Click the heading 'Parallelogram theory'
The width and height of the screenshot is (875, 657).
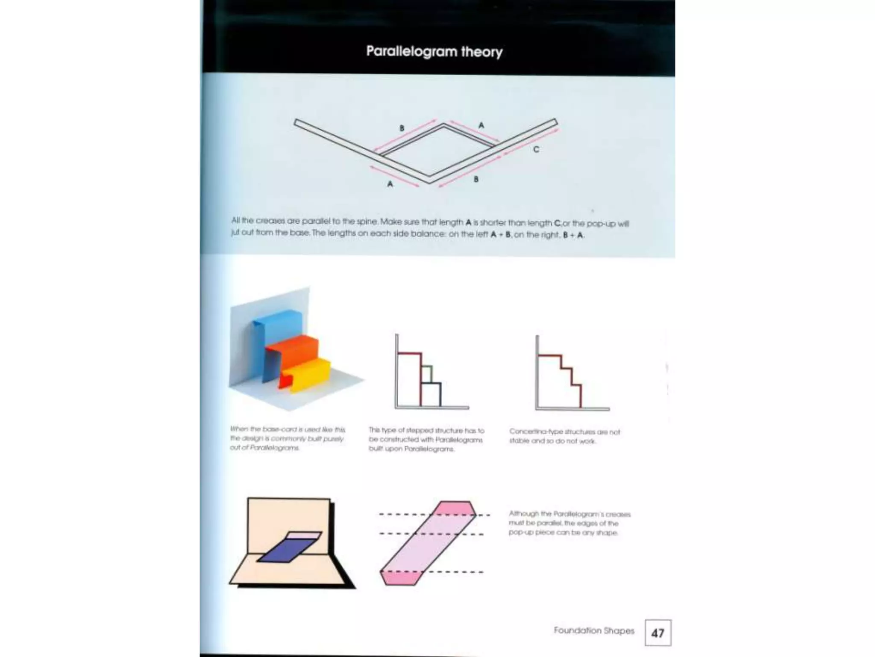[x=434, y=52]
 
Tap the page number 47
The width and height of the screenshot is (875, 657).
[x=658, y=633]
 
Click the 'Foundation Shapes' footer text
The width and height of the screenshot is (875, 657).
[x=594, y=630]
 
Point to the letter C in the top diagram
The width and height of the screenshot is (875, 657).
[x=536, y=149]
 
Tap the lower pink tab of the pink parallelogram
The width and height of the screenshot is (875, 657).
[x=399, y=578]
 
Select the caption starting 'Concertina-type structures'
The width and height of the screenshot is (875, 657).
[x=564, y=436]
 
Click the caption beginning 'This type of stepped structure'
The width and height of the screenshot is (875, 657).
[x=426, y=440]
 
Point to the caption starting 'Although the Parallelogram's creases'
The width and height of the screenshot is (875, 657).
[x=569, y=523]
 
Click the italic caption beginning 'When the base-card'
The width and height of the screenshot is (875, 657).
[x=287, y=438]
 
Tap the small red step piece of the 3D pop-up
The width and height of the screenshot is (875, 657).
[x=284, y=381]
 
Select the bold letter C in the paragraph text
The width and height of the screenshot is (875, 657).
[x=557, y=223]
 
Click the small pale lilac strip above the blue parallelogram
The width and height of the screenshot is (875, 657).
[x=303, y=535]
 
